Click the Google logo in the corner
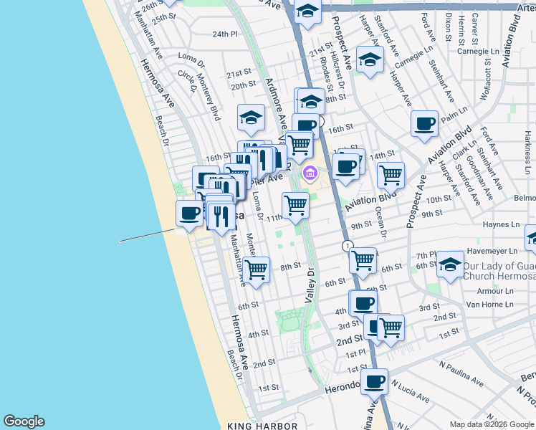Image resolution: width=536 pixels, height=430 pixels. [x=24, y=421]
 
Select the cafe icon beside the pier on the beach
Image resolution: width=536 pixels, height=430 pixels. [x=190, y=214]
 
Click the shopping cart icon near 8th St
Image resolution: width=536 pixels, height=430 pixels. [x=256, y=270]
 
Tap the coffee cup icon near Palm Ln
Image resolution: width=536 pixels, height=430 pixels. [x=424, y=123]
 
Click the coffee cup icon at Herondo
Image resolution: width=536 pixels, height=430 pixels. [x=374, y=381]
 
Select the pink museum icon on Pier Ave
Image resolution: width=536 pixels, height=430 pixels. [x=310, y=173]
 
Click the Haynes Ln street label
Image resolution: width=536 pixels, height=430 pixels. [x=500, y=225]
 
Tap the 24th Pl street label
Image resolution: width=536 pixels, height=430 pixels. [x=224, y=34]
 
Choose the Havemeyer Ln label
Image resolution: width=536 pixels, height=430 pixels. [x=492, y=252]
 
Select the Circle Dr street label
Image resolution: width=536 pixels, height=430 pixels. [x=187, y=80]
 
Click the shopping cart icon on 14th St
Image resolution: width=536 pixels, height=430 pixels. [x=391, y=174]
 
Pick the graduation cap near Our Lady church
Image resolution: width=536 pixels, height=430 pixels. [x=451, y=264]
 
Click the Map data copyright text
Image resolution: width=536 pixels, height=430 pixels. [x=492, y=424]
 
